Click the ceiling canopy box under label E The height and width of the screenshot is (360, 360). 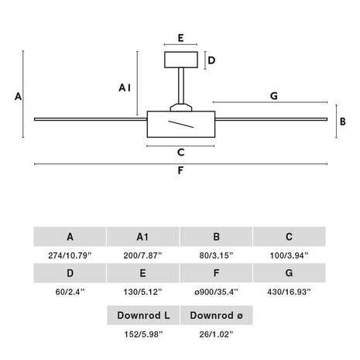click(181, 60)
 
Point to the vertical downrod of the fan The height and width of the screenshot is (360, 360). click(181, 86)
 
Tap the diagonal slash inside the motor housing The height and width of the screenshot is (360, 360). click(181, 124)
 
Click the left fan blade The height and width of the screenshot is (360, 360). click(91, 119)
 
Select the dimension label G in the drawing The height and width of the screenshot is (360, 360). click(274, 96)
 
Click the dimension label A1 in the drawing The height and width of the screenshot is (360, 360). click(125, 87)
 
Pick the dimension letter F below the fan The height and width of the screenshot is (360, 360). click(180, 170)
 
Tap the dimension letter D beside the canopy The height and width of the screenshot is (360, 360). click(211, 60)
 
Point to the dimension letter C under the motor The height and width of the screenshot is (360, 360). click(181, 153)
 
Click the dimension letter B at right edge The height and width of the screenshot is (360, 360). click(343, 122)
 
